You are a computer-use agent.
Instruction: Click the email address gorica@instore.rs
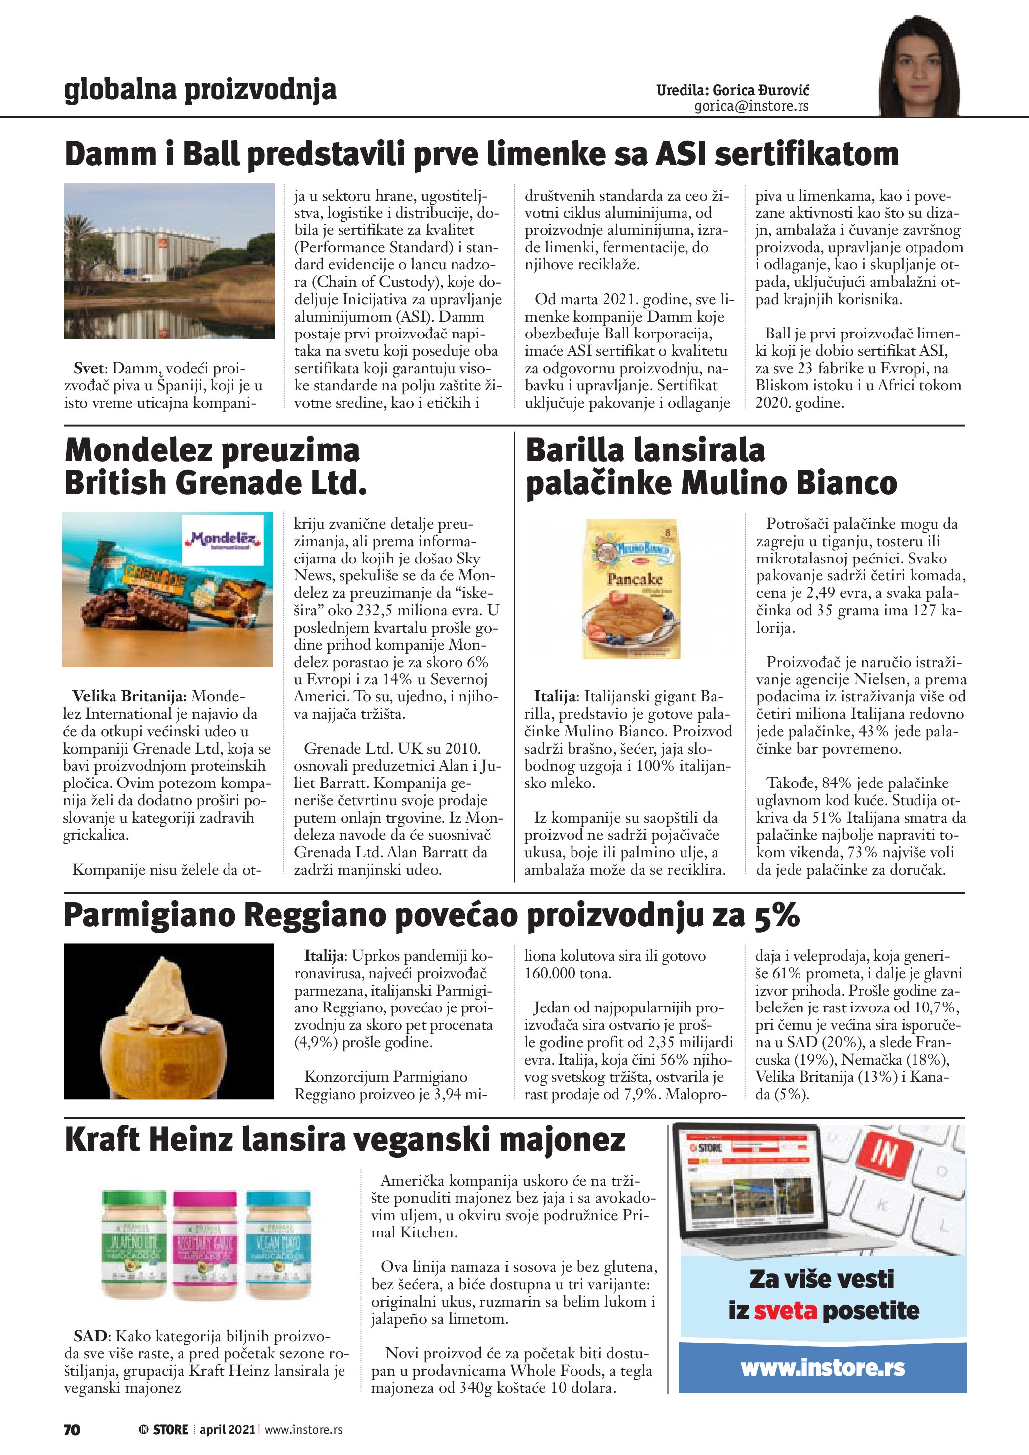752,107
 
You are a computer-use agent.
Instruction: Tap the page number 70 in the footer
72,1429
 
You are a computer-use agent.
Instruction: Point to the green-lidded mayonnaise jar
134,1246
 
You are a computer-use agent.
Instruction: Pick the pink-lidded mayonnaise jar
205,1246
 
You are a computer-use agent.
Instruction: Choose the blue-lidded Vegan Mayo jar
278,1246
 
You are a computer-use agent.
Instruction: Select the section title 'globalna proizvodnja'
200,90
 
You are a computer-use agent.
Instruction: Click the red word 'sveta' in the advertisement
785,1311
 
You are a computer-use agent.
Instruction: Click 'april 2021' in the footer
227,1429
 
